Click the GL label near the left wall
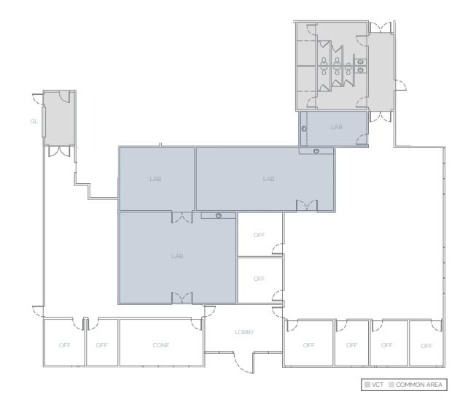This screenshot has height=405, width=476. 34,121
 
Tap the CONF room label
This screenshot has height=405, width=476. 161,344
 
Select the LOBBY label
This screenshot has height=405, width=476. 243,332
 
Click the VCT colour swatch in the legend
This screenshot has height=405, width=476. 367,385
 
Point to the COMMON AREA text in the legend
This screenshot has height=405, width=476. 418,385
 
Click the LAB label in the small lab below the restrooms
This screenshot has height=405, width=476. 336,127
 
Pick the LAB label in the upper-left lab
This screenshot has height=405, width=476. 155,179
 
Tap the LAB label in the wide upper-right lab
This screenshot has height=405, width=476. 268,179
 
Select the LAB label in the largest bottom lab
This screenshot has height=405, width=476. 176,256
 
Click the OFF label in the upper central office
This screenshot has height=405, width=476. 259,235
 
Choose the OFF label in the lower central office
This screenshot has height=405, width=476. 259,279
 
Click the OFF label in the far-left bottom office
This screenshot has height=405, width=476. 64,344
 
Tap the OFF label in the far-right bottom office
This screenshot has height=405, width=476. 426,344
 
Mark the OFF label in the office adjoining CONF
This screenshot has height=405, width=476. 101,344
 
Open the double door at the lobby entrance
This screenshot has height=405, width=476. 244,358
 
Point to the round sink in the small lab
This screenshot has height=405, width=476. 305,129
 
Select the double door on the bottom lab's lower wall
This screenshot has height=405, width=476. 182,297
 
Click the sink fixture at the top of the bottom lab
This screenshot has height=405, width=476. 218,215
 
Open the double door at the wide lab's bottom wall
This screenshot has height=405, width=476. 308,206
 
